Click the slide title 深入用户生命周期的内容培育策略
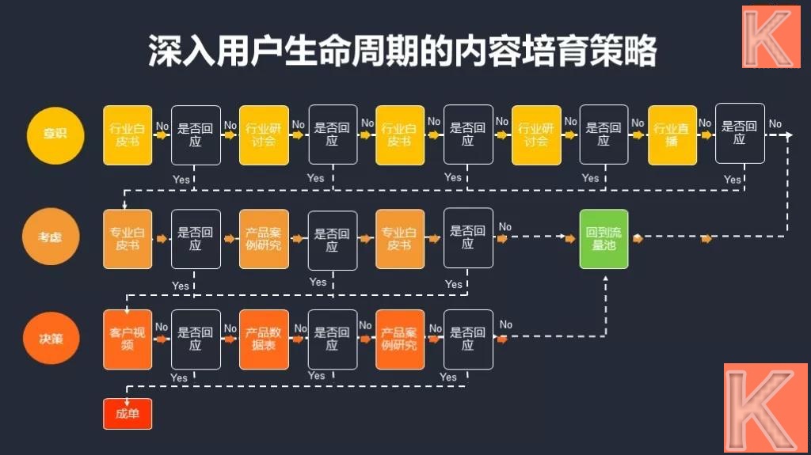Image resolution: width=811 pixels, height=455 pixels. click(x=403, y=52)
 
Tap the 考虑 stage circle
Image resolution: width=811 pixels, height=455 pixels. click(x=51, y=237)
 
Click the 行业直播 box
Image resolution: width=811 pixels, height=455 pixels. click(x=672, y=135)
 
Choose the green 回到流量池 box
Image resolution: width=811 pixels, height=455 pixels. click(x=603, y=239)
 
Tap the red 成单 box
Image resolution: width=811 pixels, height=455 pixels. click(x=127, y=414)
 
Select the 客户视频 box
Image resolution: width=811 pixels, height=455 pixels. click(x=128, y=339)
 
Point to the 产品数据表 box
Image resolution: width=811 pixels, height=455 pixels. click(x=264, y=339)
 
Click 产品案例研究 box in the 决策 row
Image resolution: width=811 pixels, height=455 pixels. click(x=400, y=339)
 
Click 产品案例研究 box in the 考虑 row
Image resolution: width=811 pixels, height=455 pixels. click(x=264, y=239)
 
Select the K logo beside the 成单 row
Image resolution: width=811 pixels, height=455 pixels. click(x=764, y=408)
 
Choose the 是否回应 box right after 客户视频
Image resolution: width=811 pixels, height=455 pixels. click(x=196, y=339)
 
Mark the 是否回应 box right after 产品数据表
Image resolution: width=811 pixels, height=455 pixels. click(x=332, y=339)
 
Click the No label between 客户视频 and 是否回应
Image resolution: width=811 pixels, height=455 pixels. click(x=162, y=327)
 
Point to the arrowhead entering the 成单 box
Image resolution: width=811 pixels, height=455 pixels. click(x=126, y=397)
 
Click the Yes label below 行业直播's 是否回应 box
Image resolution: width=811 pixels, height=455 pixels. click(x=733, y=180)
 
